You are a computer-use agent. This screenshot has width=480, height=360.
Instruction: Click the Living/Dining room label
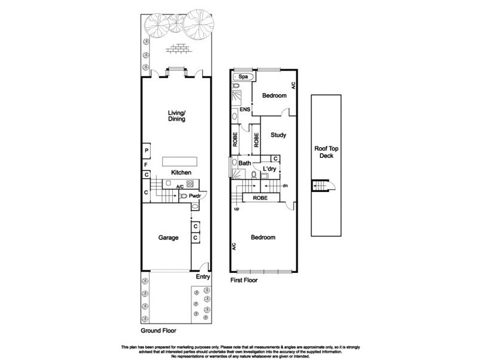click(x=176, y=115)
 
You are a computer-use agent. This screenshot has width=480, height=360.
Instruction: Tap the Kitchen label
click(x=181, y=173)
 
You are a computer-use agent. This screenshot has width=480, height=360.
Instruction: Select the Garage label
click(x=168, y=238)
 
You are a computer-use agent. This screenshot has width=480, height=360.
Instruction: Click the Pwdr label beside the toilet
click(x=195, y=196)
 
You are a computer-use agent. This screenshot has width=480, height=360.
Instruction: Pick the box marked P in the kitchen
click(x=146, y=151)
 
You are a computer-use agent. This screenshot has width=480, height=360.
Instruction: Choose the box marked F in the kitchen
click(x=146, y=164)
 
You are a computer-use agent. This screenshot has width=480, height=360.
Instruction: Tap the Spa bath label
click(x=243, y=77)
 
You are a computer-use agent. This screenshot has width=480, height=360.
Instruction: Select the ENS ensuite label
click(x=244, y=110)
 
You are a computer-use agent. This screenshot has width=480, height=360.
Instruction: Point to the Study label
click(x=277, y=135)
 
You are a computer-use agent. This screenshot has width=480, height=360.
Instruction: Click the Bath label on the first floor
click(x=245, y=163)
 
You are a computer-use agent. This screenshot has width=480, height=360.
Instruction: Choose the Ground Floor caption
click(x=158, y=331)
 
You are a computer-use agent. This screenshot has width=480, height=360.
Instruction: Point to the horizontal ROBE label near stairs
click(x=260, y=197)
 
